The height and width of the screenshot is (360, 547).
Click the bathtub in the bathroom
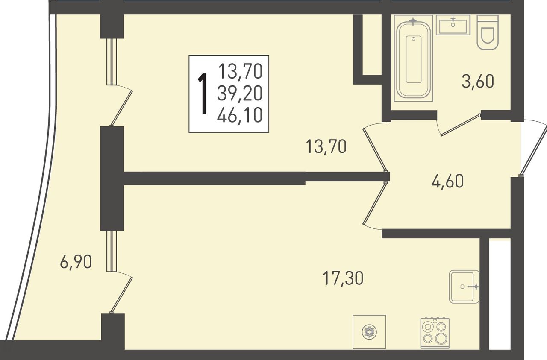click(413, 58)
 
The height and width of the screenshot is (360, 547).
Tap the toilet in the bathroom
click(488, 32)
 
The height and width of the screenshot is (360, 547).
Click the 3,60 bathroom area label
click(478, 82)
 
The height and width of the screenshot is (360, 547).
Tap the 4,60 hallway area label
click(447, 181)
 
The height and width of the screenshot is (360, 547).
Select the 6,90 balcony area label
click(76, 261)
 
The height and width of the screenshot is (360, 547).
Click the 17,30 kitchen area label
click(343, 278)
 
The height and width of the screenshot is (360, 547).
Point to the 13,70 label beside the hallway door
click(326, 146)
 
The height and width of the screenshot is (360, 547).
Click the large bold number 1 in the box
click(203, 94)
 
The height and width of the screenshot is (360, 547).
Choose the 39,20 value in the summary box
click(240, 94)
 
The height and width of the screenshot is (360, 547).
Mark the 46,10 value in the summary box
click(240, 115)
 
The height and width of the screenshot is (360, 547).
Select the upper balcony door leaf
click(121, 108)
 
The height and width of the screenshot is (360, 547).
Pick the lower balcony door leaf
click(121, 295)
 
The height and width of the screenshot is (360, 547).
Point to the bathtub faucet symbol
click(413, 21)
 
